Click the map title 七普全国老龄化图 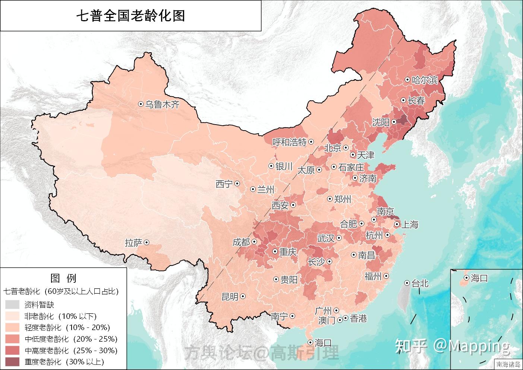[x=130, y=16]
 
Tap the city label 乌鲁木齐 [x=162, y=104]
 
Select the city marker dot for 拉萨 [x=146, y=242]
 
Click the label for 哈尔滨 [x=424, y=80]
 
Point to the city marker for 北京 [x=346, y=148]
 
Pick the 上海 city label [x=409, y=225]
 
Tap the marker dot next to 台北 [x=407, y=283]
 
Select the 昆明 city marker [x=243, y=297]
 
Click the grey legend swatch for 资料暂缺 [x=13, y=305]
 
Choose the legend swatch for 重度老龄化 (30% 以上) [x=13, y=361]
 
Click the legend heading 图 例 [x=63, y=278]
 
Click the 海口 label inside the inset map [x=479, y=278]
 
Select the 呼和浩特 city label [x=289, y=142]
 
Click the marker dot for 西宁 [x=237, y=184]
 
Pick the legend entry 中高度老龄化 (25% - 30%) [x=71, y=350]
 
